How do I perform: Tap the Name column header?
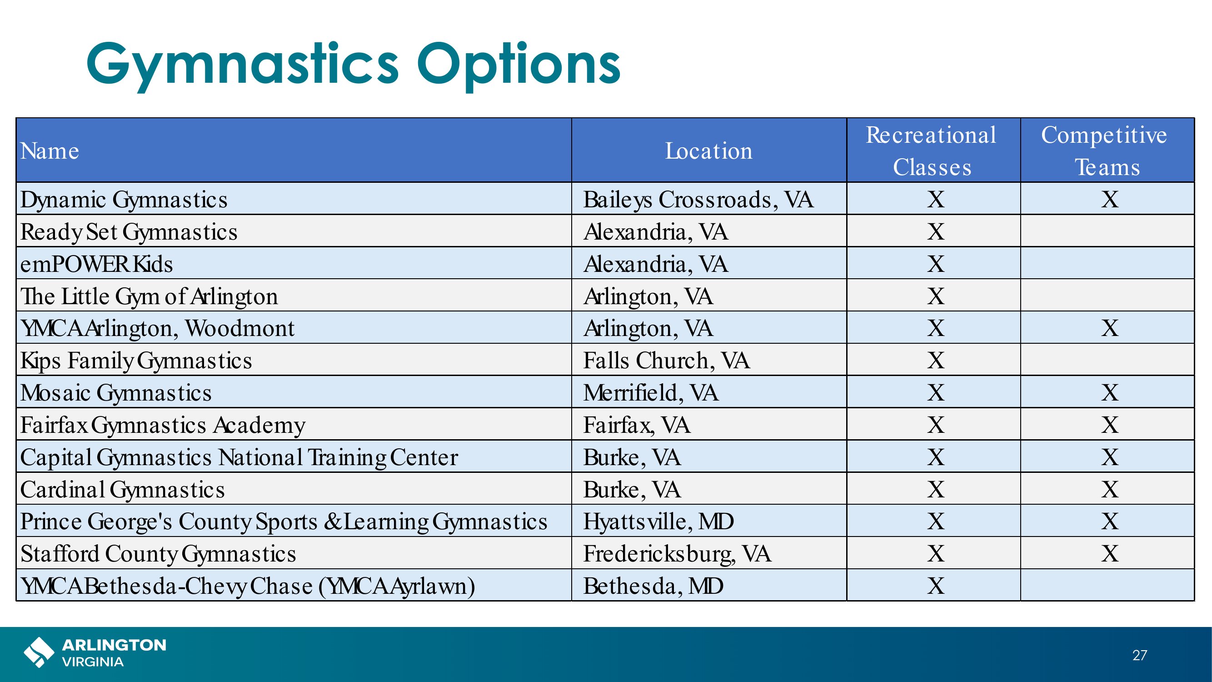[x=50, y=151]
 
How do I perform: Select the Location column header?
[x=708, y=151]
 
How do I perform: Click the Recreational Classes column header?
[x=932, y=151]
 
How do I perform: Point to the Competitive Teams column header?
[x=1104, y=151]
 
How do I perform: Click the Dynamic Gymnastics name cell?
[x=124, y=200]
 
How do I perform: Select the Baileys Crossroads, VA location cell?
[x=698, y=200]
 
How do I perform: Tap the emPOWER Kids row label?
[x=96, y=264]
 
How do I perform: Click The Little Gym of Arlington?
[x=149, y=296]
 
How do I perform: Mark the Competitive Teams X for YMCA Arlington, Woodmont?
[x=1110, y=328]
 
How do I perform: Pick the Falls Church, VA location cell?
[x=667, y=361]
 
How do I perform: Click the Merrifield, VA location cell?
[x=651, y=392]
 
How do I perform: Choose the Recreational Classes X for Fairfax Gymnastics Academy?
[x=936, y=425]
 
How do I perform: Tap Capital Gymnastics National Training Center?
[x=239, y=457]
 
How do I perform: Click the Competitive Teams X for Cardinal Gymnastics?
[x=1110, y=490]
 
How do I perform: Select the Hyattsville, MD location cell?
[x=658, y=522]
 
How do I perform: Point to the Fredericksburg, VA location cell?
[x=678, y=554]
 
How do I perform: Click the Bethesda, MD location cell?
[x=653, y=586]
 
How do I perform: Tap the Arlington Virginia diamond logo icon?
[x=39, y=652]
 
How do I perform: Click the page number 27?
[x=1140, y=655]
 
